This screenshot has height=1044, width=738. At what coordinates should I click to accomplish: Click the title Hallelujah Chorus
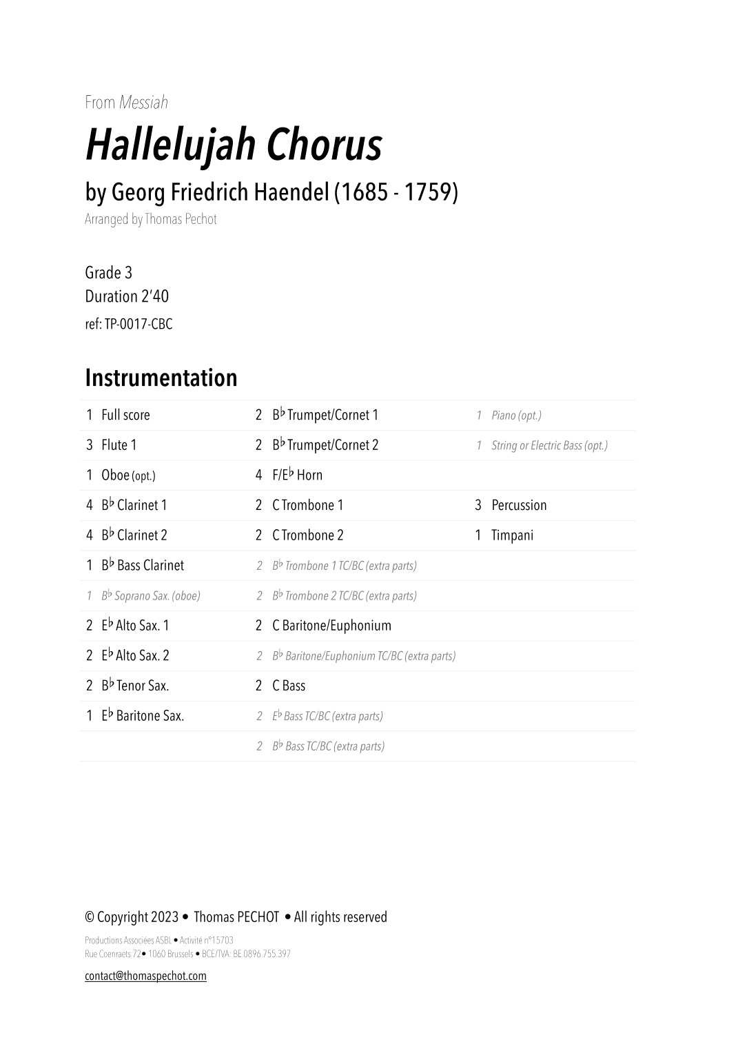click(233, 145)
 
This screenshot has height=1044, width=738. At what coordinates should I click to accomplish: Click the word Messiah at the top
click(143, 103)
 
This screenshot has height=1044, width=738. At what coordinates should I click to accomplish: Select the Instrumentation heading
click(161, 378)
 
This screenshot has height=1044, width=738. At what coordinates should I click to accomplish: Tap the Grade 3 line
click(108, 273)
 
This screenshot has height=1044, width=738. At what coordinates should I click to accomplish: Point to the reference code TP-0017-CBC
click(138, 324)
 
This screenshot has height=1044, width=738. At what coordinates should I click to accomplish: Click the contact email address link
click(145, 976)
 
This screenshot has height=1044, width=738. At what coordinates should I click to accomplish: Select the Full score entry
click(125, 415)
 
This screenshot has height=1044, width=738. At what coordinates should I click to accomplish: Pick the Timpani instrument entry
click(512, 535)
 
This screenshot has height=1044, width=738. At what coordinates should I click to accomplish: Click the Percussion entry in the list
click(519, 505)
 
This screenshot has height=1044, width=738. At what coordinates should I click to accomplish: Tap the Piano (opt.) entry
click(516, 415)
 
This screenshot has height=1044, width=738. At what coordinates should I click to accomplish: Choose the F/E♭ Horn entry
click(297, 475)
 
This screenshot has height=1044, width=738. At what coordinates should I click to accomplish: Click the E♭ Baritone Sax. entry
click(143, 716)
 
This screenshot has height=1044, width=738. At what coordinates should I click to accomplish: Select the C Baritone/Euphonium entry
click(331, 626)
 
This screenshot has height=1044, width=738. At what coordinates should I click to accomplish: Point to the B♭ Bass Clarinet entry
click(143, 566)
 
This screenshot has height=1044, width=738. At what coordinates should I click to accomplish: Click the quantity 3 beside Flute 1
click(90, 445)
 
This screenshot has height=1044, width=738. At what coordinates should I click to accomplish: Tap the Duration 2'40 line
click(127, 296)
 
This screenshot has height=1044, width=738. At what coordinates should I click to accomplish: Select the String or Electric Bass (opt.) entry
click(549, 445)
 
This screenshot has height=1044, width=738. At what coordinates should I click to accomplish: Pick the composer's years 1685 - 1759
click(396, 192)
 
